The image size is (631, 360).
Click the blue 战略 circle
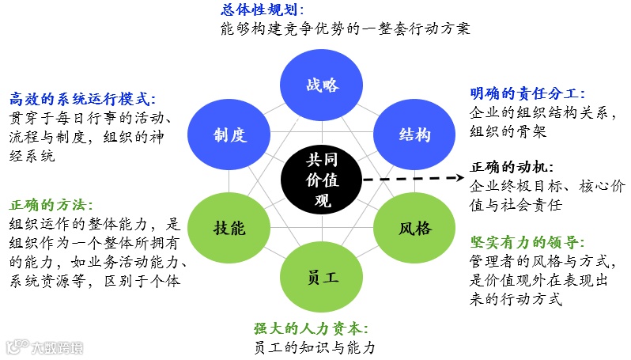[322, 85]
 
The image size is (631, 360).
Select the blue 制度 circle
[229, 135]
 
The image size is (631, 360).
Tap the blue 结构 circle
[414, 135]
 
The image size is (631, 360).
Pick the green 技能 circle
[229, 229]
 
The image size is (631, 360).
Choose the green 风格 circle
[414, 229]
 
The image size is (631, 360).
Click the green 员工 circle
[322, 278]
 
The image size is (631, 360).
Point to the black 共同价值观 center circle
[322, 180]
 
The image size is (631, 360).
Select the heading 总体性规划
[262, 10]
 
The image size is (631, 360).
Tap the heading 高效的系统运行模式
[82, 99]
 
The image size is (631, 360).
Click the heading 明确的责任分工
[527, 94]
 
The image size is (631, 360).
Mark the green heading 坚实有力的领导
[527, 242]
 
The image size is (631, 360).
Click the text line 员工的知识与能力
[313, 347]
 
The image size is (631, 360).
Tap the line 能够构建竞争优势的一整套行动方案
[346, 29]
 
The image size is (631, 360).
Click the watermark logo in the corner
[43, 347]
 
